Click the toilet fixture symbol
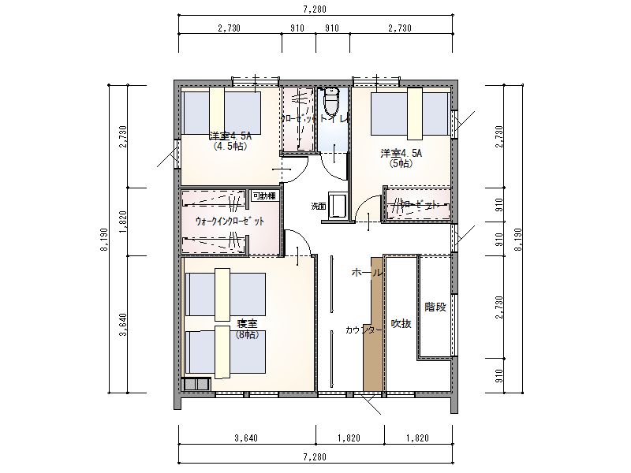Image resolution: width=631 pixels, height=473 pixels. click(x=331, y=101)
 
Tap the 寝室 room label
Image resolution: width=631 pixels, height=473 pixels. click(x=247, y=324)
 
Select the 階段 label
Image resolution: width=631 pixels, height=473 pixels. click(x=435, y=307)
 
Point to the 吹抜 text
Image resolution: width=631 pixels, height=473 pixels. click(x=401, y=324)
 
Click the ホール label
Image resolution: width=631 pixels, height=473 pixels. click(x=366, y=272)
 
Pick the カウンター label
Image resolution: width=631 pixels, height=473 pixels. click(x=364, y=330)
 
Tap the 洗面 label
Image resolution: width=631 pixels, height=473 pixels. click(x=318, y=207)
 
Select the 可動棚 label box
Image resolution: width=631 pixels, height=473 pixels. click(x=263, y=196)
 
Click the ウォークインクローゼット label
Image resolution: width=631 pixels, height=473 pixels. click(x=230, y=222)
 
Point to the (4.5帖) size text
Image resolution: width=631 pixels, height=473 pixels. click(x=230, y=146)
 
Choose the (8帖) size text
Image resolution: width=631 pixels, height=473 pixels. click(x=247, y=334)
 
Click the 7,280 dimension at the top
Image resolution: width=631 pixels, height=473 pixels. click(x=315, y=9)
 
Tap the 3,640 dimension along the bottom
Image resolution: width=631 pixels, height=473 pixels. click(x=247, y=438)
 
